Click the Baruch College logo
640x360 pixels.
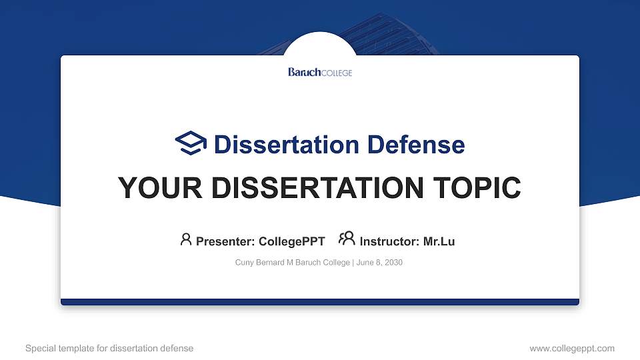[x=320, y=72]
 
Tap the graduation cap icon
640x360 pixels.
[x=191, y=143]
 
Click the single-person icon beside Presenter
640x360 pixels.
[x=186, y=239]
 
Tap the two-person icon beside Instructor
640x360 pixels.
[x=347, y=239]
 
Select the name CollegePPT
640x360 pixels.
[x=291, y=241]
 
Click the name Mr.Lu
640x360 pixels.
[x=439, y=241]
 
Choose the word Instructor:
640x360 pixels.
[x=389, y=241]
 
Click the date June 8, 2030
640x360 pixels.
[x=379, y=263]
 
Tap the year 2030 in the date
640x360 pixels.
[x=393, y=263]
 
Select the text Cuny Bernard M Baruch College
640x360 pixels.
[x=292, y=263]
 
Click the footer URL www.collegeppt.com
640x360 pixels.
[x=572, y=348]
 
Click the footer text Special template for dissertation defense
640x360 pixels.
[x=109, y=348]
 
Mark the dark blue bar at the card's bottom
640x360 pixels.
[x=320, y=302]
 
